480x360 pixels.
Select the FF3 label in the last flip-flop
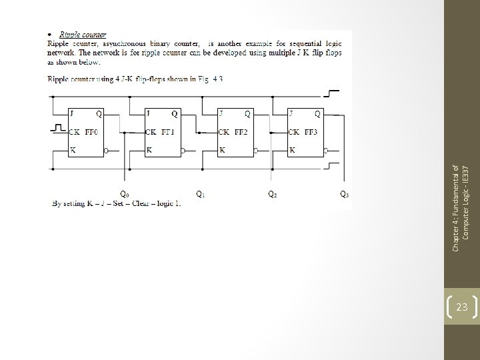[311, 131]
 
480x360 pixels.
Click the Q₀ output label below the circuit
[124, 194]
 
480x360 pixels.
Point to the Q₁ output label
[200, 194]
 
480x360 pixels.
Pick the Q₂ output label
[273, 194]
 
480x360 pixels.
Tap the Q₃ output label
[344, 194]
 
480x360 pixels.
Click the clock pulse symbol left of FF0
[59, 127]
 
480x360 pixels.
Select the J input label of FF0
[73, 113]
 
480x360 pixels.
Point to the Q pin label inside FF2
[247, 113]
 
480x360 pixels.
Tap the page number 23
[461, 307]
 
